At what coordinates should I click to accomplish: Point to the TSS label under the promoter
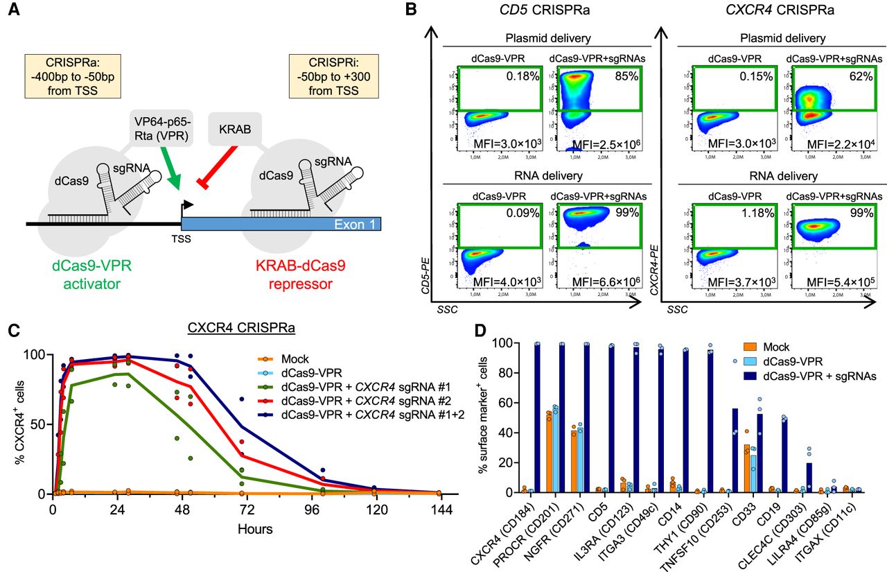181,240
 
